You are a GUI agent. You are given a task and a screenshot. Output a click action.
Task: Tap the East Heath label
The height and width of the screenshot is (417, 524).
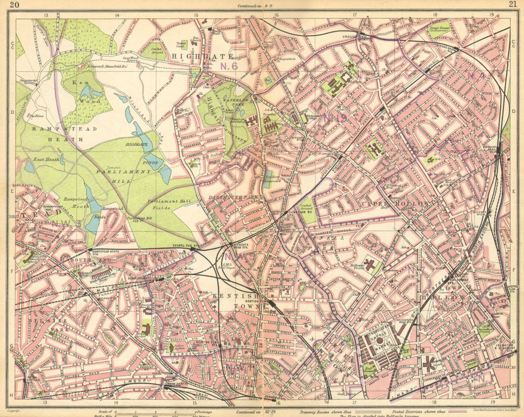pos(46,158)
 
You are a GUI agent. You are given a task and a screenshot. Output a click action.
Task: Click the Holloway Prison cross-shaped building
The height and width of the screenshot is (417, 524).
pos(369,265)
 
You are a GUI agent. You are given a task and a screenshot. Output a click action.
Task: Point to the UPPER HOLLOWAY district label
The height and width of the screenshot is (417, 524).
pos(398,202)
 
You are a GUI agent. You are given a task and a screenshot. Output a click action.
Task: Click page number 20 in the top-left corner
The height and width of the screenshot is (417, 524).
pos(15,5)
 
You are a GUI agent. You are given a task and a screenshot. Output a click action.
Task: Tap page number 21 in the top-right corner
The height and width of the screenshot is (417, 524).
pos(512,5)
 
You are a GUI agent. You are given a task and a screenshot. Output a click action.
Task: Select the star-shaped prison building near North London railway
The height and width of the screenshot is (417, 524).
pos(429,363)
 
